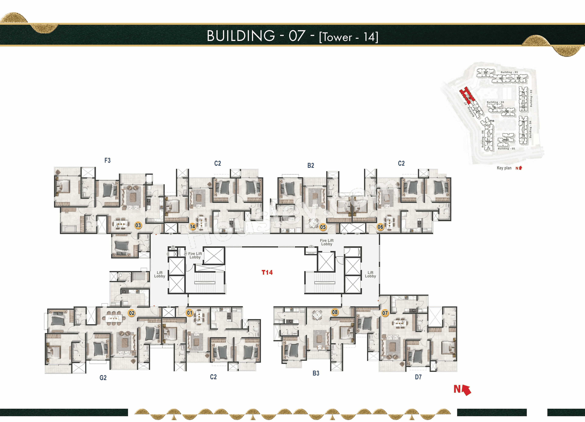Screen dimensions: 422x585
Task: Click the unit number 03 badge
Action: (x=138, y=225)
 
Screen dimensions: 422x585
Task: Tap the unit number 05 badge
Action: (x=323, y=227)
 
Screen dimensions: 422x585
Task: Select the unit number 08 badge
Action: (x=335, y=312)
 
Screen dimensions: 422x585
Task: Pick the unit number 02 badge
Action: (x=131, y=313)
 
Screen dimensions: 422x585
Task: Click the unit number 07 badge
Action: (x=385, y=313)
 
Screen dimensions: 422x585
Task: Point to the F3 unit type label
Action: (x=107, y=160)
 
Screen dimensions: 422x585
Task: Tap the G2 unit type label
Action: (x=103, y=378)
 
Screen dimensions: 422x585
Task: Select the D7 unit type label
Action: (x=418, y=377)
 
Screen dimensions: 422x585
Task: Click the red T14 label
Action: (x=267, y=272)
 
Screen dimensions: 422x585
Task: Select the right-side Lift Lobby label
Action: (x=370, y=274)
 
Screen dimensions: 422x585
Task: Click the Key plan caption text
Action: (x=504, y=168)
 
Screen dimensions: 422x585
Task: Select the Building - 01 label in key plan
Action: (x=509, y=72)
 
